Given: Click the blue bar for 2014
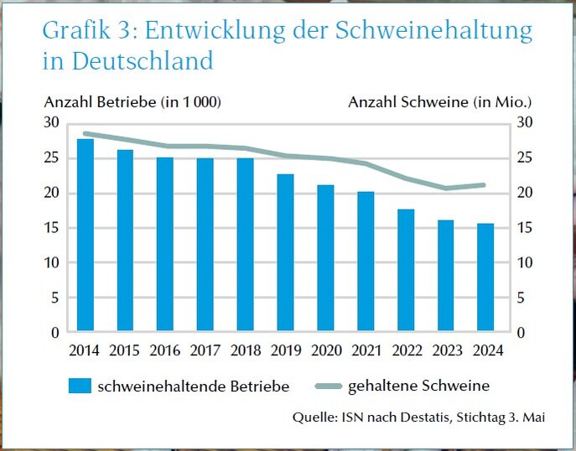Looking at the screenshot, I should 86,236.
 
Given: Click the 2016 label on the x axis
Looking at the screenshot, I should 165,350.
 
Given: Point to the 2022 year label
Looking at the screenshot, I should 406,350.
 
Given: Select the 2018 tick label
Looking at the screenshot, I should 246,350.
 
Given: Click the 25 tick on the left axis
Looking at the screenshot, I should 52,158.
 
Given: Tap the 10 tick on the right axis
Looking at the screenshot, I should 524,262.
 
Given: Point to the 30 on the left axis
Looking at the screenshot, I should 52,123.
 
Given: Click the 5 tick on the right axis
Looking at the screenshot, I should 521,298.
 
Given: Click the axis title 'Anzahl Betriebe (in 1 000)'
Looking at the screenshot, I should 132,102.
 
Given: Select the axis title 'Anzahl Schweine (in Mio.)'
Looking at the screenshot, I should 440,102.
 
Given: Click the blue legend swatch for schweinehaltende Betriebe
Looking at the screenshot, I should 79,386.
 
